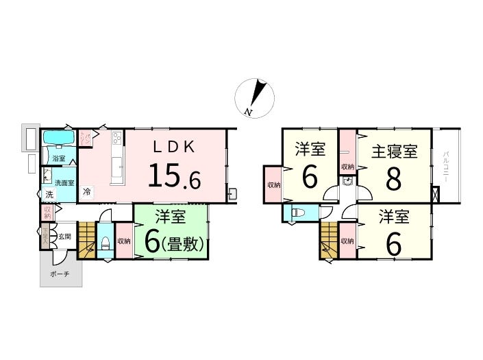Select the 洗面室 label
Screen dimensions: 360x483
coord(64,183)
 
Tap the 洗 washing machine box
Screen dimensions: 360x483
coord(49,194)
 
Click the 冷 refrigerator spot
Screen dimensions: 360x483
coord(87,192)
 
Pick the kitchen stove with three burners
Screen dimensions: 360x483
coord(116,141)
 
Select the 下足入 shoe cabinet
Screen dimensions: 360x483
coord(45,238)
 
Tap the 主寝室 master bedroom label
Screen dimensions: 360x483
coord(394,151)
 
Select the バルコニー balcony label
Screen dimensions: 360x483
coord(445,165)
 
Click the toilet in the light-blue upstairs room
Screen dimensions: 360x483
coord(296,213)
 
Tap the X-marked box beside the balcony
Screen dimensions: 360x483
coord(436,194)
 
